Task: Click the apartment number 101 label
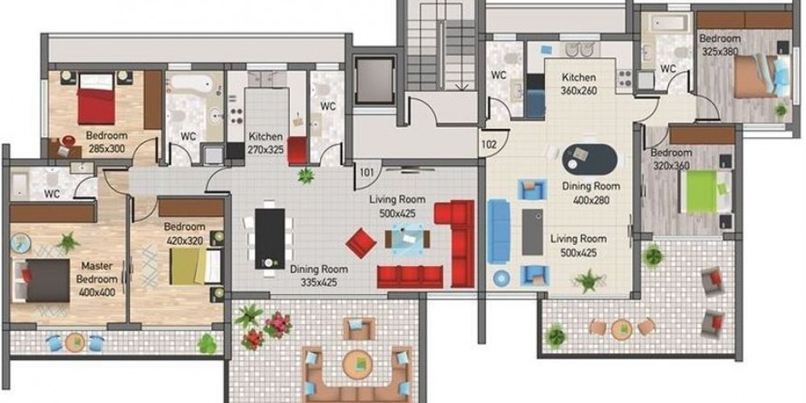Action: pyautogui.click(x=366, y=172)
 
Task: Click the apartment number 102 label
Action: pyautogui.click(x=488, y=144)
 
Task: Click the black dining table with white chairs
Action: pyautogui.click(x=270, y=239)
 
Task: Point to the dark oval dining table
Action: pyautogui.click(x=589, y=160)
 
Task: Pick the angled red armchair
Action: pyautogui.click(x=361, y=243)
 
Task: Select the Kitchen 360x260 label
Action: pyautogui.click(x=579, y=84)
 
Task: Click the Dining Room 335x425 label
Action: pyautogui.click(x=318, y=276)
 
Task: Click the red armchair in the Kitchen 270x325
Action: pyautogui.click(x=297, y=150)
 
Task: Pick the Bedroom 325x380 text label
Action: pyautogui.click(x=720, y=44)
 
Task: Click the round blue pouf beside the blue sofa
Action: pyautogui.click(x=501, y=278)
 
